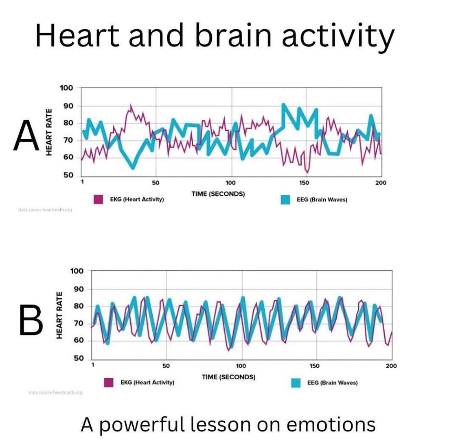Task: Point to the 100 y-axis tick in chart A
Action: coord(66,88)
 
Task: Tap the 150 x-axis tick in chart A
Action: coord(304,183)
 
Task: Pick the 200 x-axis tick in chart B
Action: coord(391,366)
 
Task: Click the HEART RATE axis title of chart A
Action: coord(49,131)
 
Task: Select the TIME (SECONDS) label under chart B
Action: coord(228,377)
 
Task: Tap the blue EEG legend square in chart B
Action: coord(296,383)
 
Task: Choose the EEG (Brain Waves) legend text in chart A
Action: coord(322,200)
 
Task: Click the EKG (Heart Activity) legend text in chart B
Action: coord(147,383)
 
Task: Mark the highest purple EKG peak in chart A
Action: coord(131,105)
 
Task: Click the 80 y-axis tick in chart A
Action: coord(68,123)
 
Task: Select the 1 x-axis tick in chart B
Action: coord(93,365)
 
